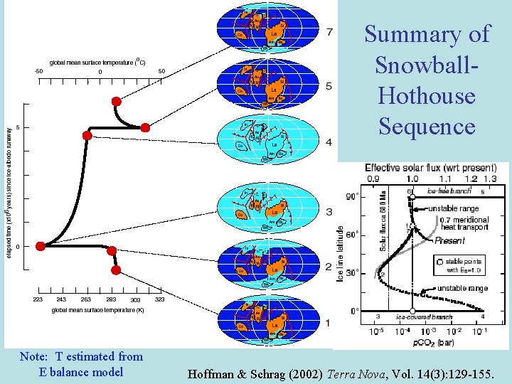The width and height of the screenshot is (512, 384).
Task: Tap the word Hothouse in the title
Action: pos(427,95)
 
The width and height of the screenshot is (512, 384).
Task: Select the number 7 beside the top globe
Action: pos(329,32)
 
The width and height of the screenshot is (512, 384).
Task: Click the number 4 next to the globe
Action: pos(329,143)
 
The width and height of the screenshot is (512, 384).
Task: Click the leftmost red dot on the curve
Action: pos(41,246)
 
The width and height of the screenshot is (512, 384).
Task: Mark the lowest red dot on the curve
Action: pos(116,270)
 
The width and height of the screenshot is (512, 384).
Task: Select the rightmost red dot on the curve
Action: pos(145,128)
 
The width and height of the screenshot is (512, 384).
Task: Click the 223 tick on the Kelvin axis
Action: pos(38,300)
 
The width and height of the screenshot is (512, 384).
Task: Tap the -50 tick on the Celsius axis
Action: pos(38,71)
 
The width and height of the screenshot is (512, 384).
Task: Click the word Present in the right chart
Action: pos(450,240)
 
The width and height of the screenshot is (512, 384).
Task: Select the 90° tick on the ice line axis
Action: pos(351,196)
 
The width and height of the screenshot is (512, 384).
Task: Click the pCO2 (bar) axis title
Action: pos(429,341)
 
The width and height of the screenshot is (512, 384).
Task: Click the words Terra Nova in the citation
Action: pos(353,372)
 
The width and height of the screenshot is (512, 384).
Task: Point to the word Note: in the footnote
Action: pos(35,356)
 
